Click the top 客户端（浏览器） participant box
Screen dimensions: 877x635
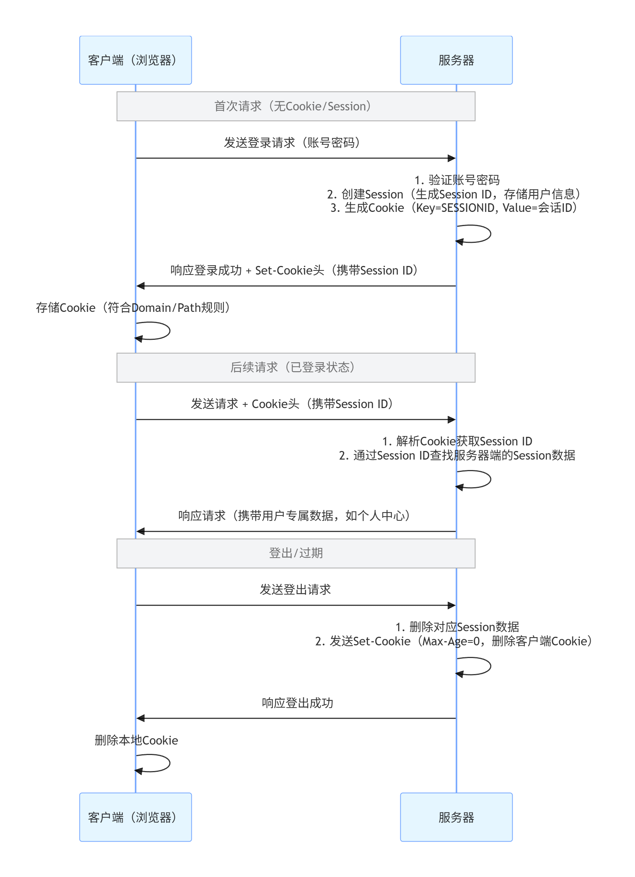tap(135, 60)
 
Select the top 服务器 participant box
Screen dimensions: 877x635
tap(456, 60)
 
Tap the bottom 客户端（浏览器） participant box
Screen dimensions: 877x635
tap(135, 817)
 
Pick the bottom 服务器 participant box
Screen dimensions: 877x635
tap(456, 817)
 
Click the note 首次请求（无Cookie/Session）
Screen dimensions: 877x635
tap(296, 106)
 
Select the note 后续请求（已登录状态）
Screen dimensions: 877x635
tap(296, 367)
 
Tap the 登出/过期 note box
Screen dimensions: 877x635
tap(296, 553)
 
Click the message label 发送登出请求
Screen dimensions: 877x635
tap(295, 589)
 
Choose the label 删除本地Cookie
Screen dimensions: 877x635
tap(137, 740)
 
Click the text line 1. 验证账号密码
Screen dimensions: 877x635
tap(457, 180)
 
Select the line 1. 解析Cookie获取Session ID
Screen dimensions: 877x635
tap(457, 441)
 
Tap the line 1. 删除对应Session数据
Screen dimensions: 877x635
tap(457, 627)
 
